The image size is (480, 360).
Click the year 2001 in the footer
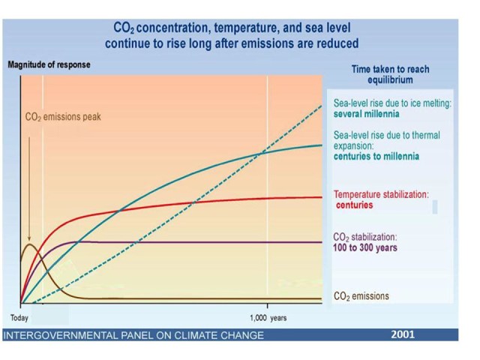402,334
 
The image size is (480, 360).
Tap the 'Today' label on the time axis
19,318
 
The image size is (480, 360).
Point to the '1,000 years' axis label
268,318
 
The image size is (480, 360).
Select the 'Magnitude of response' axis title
49,64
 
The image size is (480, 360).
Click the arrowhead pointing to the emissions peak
29,238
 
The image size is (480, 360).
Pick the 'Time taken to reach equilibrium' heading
381,73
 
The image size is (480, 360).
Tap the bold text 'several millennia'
365,114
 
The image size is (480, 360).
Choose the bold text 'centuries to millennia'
376,157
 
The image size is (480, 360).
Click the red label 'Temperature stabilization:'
381,194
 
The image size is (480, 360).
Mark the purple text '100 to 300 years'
364,247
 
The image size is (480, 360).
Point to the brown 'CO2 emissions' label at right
361,295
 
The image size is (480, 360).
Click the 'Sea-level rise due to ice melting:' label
392,103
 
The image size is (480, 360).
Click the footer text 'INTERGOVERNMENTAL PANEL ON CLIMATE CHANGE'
133,335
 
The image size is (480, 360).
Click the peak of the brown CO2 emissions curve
29,244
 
